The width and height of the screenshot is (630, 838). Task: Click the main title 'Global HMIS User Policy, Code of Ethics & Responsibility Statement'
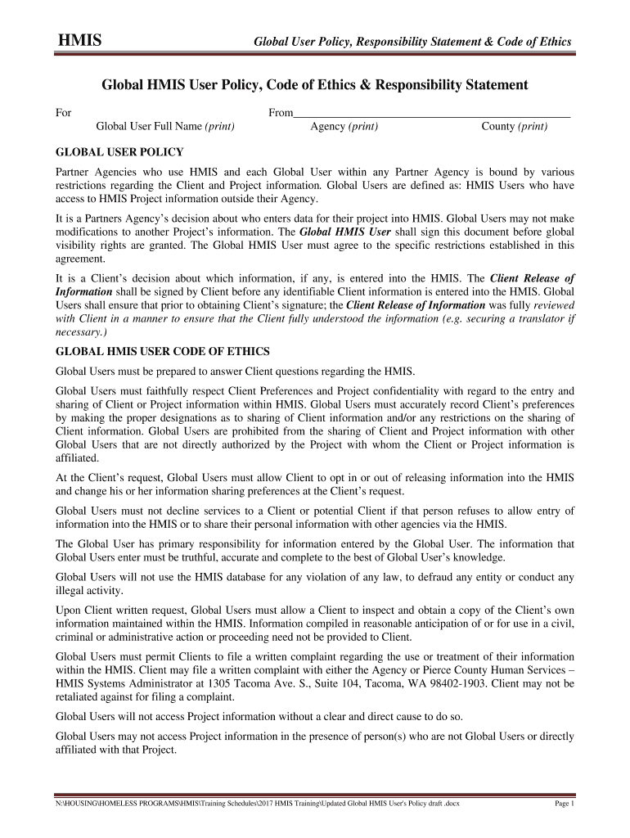pos(314,85)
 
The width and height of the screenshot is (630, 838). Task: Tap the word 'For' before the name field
pos(63,113)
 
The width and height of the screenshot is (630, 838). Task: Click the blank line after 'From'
pos(431,114)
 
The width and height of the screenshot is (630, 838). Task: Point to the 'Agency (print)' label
pos(344,127)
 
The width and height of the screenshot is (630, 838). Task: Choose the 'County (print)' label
pos(514,127)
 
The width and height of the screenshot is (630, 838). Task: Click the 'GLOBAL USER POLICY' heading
pos(119,152)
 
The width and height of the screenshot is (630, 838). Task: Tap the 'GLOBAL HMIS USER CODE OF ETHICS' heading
pos(162,352)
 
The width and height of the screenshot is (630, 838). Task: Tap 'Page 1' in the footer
pos(565,804)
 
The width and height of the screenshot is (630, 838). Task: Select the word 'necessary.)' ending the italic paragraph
pos(79,333)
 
